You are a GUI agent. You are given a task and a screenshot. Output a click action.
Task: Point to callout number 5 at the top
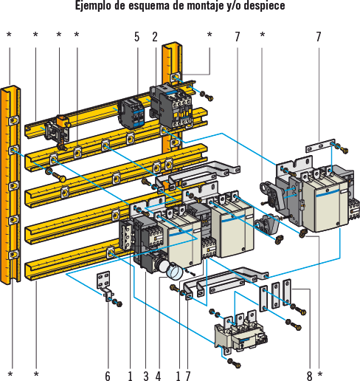(x=137, y=37)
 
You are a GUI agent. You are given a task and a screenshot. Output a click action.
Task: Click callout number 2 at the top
(x=155, y=37)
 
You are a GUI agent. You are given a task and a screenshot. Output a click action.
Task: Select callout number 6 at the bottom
(x=108, y=376)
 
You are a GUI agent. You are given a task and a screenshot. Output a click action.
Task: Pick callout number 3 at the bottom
(x=146, y=376)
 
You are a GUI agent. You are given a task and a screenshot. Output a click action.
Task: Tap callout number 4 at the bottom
(x=158, y=376)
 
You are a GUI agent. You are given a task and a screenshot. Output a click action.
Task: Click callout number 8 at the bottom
(x=309, y=376)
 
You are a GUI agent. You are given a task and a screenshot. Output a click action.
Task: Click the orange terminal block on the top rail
(x=63, y=121)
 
